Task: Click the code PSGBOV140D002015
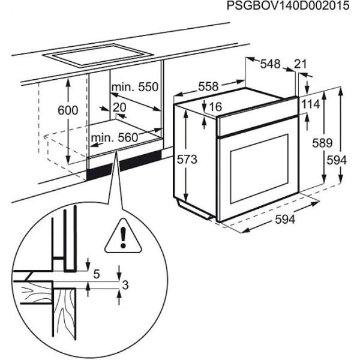click(287, 7)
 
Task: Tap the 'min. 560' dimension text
click(115, 138)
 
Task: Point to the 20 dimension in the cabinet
click(119, 107)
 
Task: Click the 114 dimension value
click(311, 104)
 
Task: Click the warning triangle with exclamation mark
click(122, 238)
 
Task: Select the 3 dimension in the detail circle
click(125, 286)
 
